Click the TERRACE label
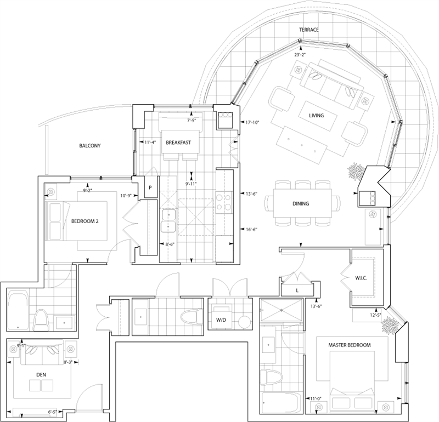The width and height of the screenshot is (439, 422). point(308,30)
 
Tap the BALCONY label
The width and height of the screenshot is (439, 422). point(89,146)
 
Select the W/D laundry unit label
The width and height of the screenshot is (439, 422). point(221,320)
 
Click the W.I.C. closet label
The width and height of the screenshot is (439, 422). point(361,278)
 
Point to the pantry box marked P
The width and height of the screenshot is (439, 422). point(150,187)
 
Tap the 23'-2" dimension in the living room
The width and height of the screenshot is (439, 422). point(300,55)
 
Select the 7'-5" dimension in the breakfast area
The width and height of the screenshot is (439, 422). point(192,121)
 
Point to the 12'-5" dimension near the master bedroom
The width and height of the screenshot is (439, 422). point(376,315)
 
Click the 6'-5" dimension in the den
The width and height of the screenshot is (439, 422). point(52,412)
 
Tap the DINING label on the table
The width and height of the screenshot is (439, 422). point(301,203)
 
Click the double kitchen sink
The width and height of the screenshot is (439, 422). point(168,220)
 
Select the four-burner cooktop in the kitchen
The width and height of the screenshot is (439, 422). point(224,202)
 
